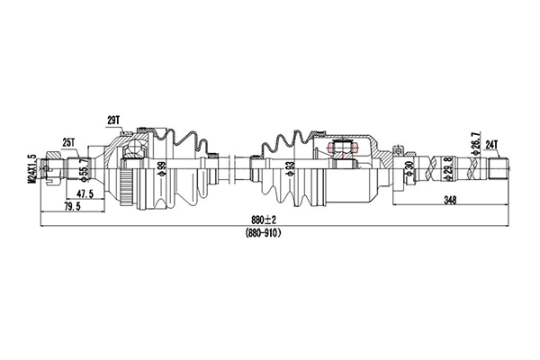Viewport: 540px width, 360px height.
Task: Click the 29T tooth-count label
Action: (112, 120)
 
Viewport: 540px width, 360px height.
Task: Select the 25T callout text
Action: (69, 141)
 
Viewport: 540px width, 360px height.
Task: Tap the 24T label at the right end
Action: (492, 143)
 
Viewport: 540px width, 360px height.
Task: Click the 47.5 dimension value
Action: (85, 194)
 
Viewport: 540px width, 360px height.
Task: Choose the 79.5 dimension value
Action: (72, 207)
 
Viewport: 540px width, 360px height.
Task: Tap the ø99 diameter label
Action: (163, 168)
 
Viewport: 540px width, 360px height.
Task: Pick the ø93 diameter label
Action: (289, 168)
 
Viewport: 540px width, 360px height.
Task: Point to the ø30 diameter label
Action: (409, 168)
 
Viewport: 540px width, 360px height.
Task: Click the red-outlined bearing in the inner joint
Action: (343, 149)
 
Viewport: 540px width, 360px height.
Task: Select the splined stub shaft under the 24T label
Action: (499, 167)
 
